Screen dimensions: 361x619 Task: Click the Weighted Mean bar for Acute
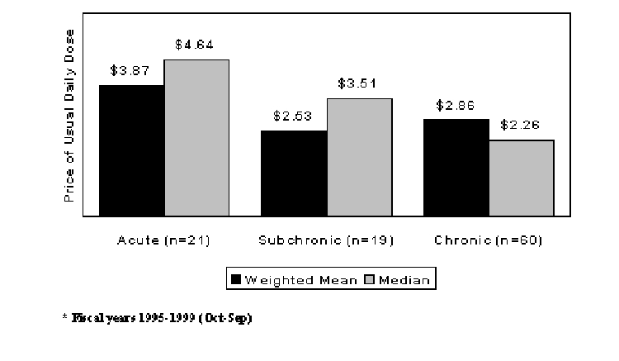pos(131,150)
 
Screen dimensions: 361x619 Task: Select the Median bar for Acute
pos(196,138)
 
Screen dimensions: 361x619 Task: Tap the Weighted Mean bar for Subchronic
pos(294,173)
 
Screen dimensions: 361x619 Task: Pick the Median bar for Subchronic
pos(359,157)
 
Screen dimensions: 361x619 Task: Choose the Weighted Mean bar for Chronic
pos(456,168)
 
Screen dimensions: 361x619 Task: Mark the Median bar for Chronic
pos(521,178)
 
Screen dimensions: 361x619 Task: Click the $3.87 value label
pos(130,72)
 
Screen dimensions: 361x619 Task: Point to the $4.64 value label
pos(195,45)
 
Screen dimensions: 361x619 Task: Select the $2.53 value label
pos(293,116)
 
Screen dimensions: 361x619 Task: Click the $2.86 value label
pos(455,106)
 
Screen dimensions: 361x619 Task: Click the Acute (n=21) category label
pos(164,240)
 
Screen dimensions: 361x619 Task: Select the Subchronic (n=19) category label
pos(326,240)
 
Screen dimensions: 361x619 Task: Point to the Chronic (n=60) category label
pos(488,240)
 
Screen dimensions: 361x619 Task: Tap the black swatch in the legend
pos(235,279)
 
